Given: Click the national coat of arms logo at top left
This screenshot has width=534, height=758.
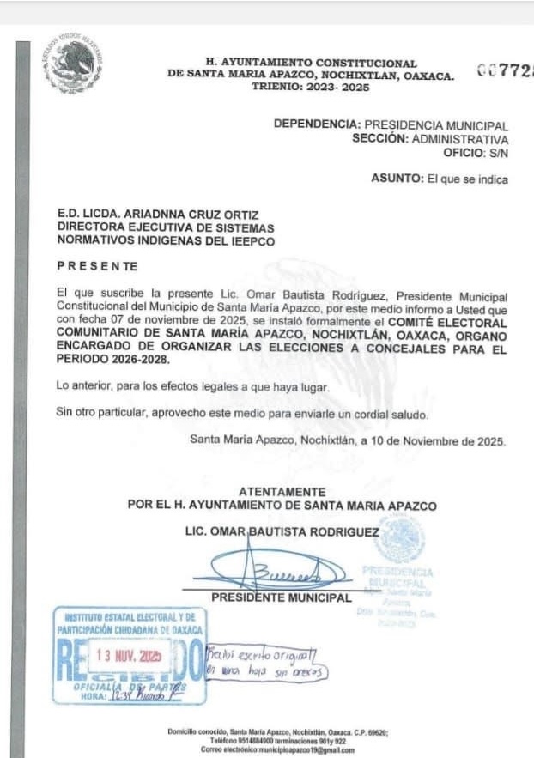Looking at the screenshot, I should tap(76, 63).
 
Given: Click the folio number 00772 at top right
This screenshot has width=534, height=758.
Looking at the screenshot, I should tap(506, 72).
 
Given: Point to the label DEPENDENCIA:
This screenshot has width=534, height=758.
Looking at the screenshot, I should tap(313, 125).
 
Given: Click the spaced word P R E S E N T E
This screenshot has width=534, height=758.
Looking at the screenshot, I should tap(97, 267).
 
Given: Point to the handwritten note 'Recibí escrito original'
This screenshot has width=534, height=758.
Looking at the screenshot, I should tap(263, 655).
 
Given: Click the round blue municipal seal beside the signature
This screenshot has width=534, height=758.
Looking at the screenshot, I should tap(400, 541).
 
